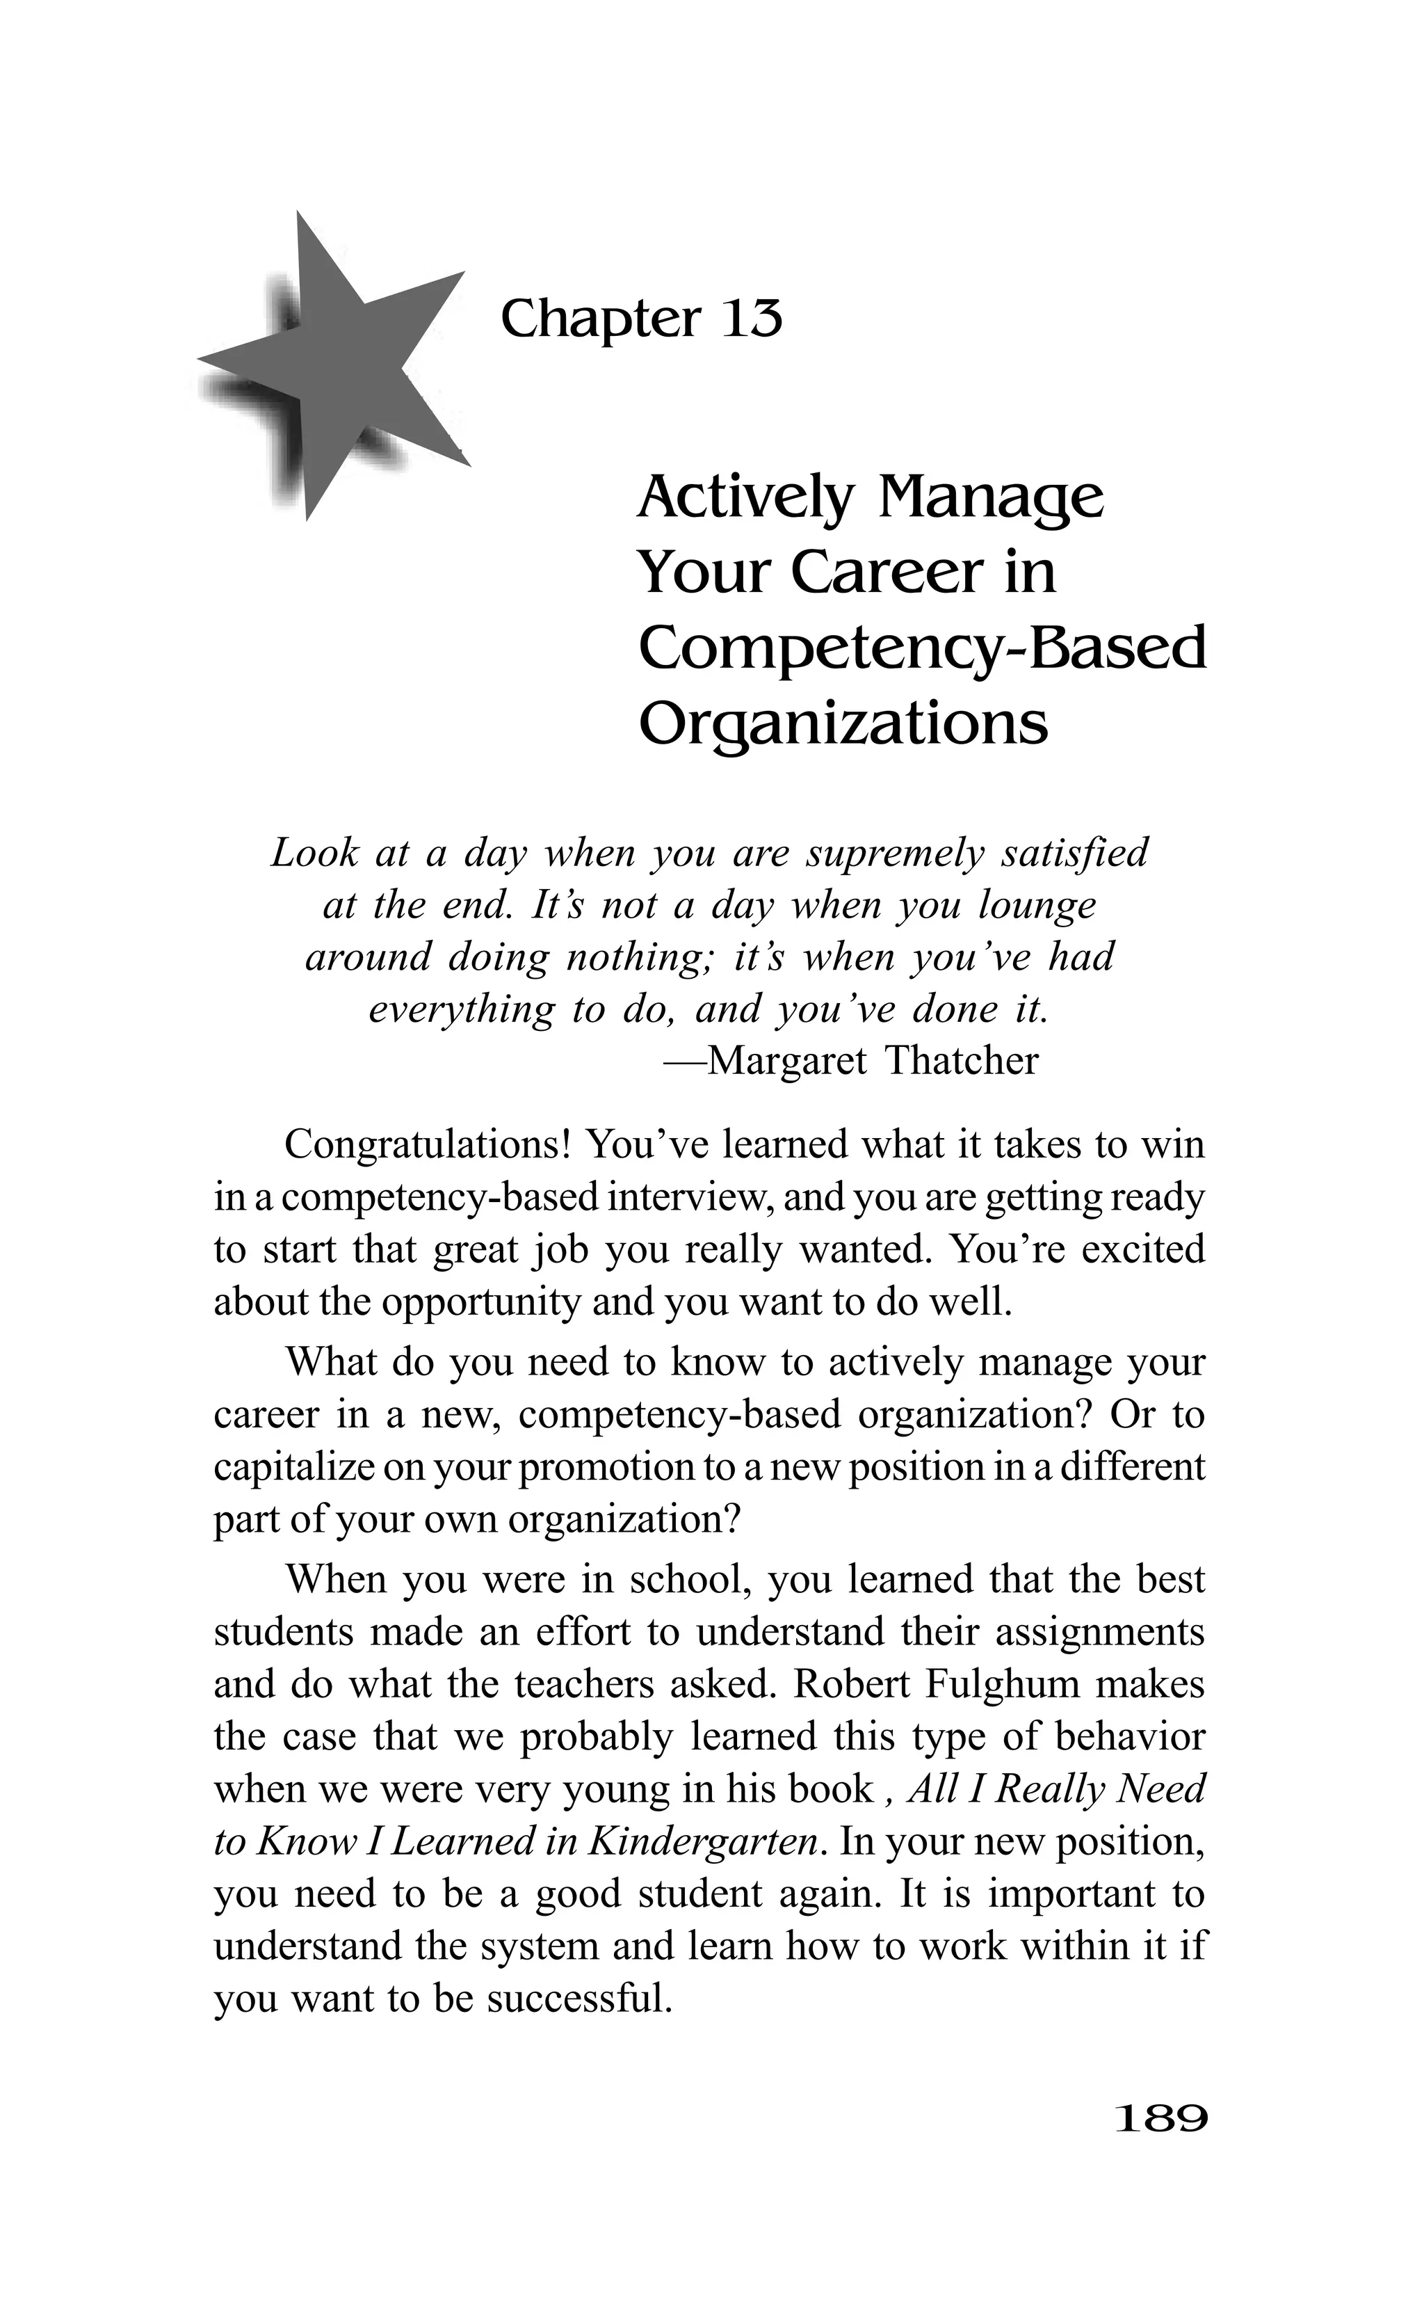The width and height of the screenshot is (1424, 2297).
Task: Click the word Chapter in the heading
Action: (x=600, y=319)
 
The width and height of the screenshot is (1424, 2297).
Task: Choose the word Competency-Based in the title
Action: (x=922, y=649)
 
